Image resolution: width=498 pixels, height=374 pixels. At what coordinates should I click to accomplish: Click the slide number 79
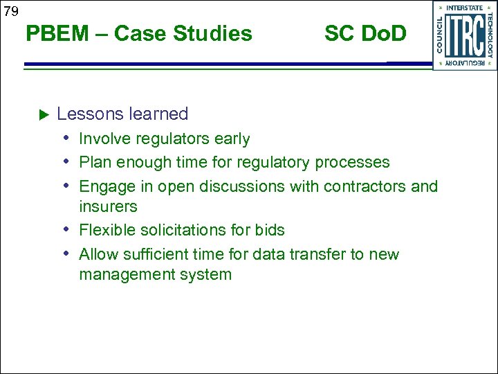(x=10, y=11)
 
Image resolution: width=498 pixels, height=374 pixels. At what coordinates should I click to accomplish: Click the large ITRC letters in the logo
(x=464, y=35)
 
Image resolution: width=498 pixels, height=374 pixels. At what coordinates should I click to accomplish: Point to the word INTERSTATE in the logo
(x=465, y=8)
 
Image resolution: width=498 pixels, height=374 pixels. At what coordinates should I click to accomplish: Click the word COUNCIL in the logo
(x=440, y=35)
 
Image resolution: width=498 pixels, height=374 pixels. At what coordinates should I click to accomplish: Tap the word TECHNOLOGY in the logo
(x=490, y=35)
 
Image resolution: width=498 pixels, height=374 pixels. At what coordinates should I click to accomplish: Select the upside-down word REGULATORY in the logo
(x=465, y=63)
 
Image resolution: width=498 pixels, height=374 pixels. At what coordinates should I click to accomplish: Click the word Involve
(x=102, y=139)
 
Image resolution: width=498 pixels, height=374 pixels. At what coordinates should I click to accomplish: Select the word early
(x=231, y=139)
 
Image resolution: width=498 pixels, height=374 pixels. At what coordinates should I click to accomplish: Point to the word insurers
(x=108, y=206)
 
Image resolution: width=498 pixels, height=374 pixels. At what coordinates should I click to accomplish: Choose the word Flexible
(x=106, y=230)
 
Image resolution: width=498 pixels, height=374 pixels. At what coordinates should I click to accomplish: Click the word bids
(x=270, y=230)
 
